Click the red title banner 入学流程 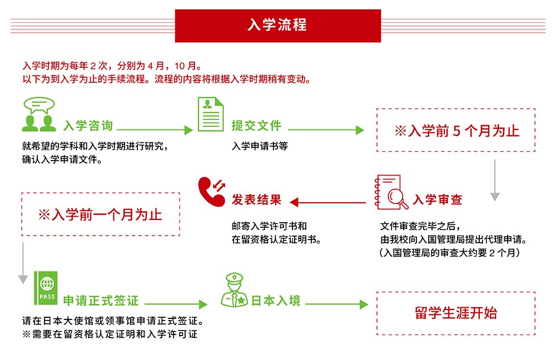click(277, 26)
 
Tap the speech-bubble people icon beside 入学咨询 click(39, 115)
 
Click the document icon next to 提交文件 click(211, 114)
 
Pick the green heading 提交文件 click(256, 126)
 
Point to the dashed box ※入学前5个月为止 click(456, 130)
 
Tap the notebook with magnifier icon click(392, 192)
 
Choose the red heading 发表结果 click(256, 200)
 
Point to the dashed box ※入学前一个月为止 click(101, 214)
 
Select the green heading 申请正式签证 click(101, 301)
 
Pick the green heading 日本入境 click(276, 301)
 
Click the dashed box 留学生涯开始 click(456, 313)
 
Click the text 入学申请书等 click(260, 147)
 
